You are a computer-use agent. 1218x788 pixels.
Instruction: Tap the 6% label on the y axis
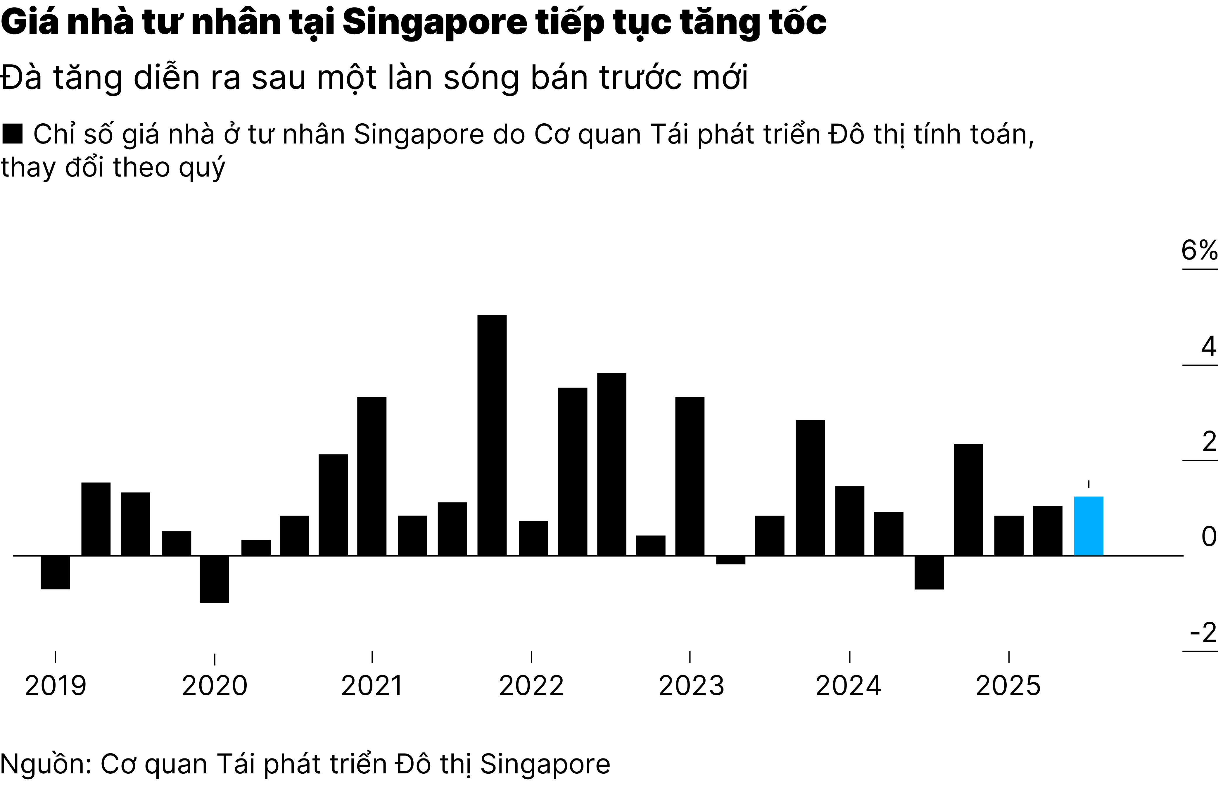1198,251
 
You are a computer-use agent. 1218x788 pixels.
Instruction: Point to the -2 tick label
1203,633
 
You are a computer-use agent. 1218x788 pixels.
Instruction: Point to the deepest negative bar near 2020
214,579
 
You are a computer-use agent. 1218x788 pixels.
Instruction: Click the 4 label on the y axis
1208,347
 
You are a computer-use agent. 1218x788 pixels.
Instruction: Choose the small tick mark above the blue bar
1089,484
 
